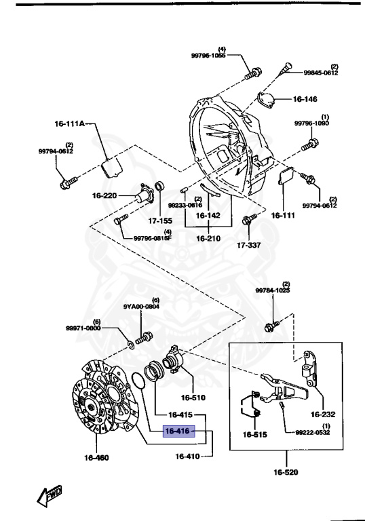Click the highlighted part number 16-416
tap(178, 431)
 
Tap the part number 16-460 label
tap(97, 458)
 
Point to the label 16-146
tap(305, 99)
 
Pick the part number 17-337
tap(249, 245)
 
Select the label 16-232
tap(324, 413)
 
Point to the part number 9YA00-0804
tap(141, 306)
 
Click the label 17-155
tap(161, 220)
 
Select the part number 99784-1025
tap(272, 290)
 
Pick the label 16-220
tap(104, 195)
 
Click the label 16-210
tap(208, 239)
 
